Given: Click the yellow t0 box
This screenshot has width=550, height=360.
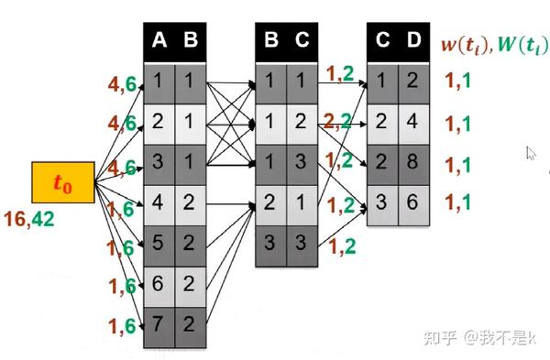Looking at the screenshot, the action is [x=61, y=183].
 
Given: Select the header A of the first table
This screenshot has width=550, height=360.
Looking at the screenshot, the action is [x=159, y=39].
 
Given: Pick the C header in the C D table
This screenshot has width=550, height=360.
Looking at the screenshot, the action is [x=383, y=39].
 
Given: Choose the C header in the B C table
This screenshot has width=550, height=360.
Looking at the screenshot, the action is [x=302, y=39].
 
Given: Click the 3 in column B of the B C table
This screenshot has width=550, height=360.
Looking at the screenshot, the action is [x=270, y=245].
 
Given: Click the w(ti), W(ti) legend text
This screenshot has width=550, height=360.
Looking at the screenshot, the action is [x=489, y=44].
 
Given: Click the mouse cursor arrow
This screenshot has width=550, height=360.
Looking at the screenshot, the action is [x=531, y=154].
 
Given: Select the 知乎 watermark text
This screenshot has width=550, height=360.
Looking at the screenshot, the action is [x=438, y=338].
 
